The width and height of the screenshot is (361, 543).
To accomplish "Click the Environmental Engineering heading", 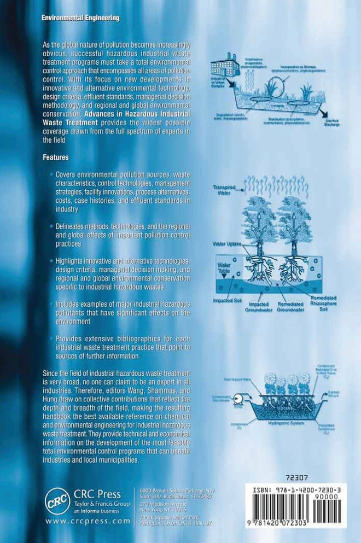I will click(80, 18).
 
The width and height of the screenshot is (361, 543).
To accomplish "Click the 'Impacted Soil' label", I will click(228, 300).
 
